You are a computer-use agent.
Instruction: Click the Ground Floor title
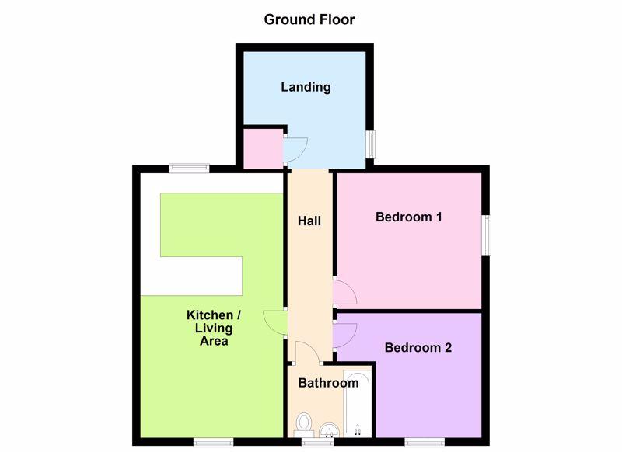click(309, 19)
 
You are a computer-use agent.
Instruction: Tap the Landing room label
click(306, 87)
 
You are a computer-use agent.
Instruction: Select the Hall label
click(309, 221)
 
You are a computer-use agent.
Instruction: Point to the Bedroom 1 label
click(409, 217)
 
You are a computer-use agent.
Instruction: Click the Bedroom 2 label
click(418, 347)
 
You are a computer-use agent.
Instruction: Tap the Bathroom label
click(328, 383)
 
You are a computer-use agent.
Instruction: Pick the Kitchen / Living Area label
click(213, 328)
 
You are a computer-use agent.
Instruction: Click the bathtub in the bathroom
click(358, 402)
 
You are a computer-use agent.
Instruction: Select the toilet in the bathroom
click(304, 425)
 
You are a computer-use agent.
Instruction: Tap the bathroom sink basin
click(329, 429)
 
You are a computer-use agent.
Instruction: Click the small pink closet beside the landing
click(263, 148)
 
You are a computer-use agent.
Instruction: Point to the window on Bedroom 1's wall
click(486, 235)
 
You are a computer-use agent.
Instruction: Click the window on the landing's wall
click(370, 144)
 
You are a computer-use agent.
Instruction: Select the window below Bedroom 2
click(425, 442)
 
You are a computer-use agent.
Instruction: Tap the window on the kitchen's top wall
click(189, 169)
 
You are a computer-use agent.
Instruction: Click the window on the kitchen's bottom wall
click(213, 442)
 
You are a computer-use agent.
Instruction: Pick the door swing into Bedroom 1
click(344, 292)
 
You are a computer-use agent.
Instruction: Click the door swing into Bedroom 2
click(344, 336)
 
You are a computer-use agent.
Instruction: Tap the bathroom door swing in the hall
click(307, 353)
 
